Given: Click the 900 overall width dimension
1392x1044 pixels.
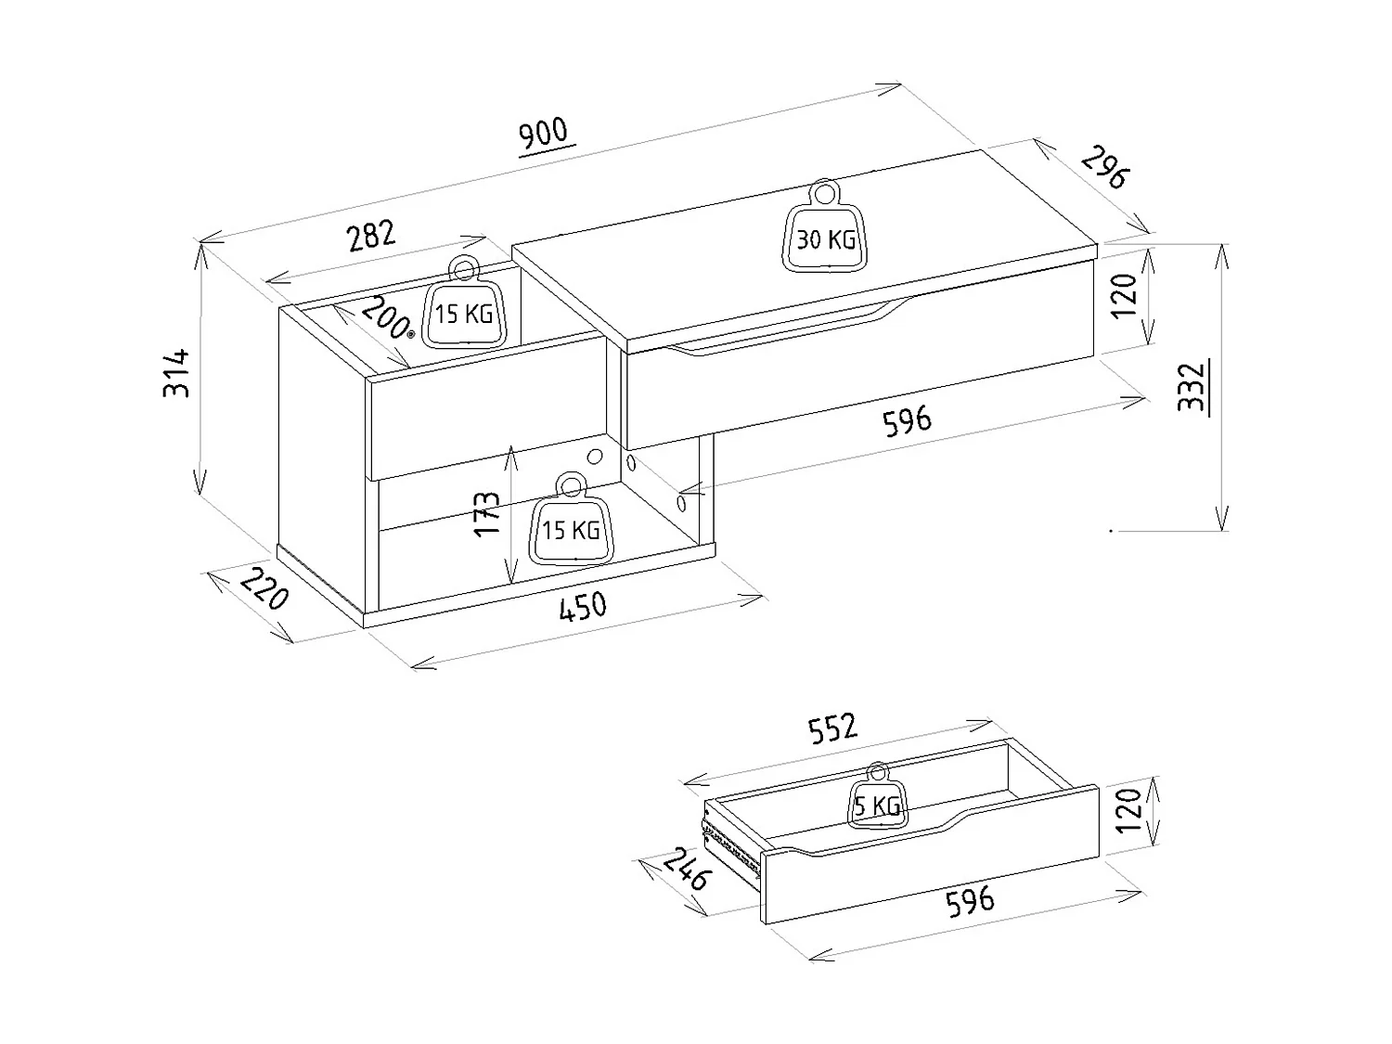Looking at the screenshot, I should pos(545,134).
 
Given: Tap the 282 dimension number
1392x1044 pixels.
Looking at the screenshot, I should pos(371,236).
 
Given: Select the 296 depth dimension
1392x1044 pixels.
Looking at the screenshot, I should pos(1105,167).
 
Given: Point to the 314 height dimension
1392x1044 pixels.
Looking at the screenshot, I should pos(176,373).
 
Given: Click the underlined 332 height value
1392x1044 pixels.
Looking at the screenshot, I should pos(1191,387).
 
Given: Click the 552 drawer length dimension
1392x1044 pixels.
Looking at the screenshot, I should pos(832,729).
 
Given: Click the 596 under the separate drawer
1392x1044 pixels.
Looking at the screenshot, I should pos(969,900).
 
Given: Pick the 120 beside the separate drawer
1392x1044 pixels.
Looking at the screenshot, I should pos(1127,811).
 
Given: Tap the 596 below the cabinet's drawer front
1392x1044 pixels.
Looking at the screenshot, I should pos(907,420).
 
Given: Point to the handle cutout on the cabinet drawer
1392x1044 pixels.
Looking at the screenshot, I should pos(789,332).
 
